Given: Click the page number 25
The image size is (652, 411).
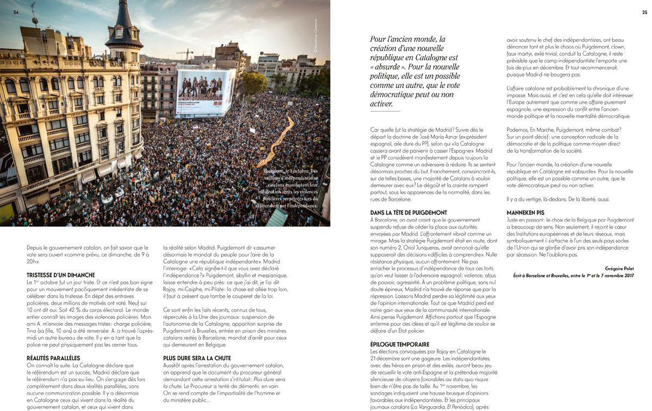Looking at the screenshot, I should coord(644,12).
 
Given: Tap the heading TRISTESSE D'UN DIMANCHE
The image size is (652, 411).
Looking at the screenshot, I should coord(60,275).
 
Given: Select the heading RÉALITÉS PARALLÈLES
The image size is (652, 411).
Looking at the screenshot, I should coord(53,358).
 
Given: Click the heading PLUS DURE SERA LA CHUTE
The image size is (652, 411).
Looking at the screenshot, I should coord(197,358).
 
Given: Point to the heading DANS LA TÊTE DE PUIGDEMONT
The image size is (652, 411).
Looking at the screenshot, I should coord(408,212).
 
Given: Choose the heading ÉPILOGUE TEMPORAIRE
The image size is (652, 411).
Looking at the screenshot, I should coord(399,344).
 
